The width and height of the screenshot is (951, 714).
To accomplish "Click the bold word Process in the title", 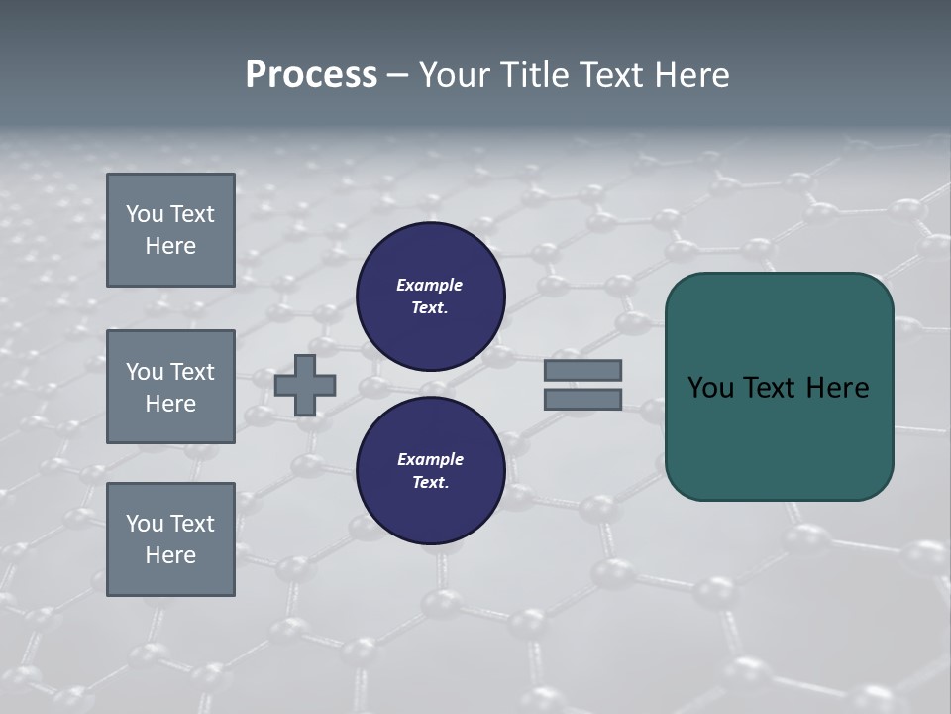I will (311, 75).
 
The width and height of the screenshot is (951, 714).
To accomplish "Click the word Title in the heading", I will (536, 75).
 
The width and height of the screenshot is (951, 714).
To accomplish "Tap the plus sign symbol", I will (305, 385).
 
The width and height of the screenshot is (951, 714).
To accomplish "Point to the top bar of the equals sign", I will (582, 370).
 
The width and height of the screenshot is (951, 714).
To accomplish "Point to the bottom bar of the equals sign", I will (582, 399).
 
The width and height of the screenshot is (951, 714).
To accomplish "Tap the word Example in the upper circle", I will (430, 285).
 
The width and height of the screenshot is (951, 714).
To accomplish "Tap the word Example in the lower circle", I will (430, 459).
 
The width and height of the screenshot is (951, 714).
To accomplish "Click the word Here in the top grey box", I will (170, 246).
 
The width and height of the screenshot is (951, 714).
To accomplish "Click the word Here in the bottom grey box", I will (170, 555).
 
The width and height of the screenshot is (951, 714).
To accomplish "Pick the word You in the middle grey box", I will (144, 372).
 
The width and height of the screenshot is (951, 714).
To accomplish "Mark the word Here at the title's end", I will (691, 75).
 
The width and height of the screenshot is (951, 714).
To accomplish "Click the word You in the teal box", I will (711, 388).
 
